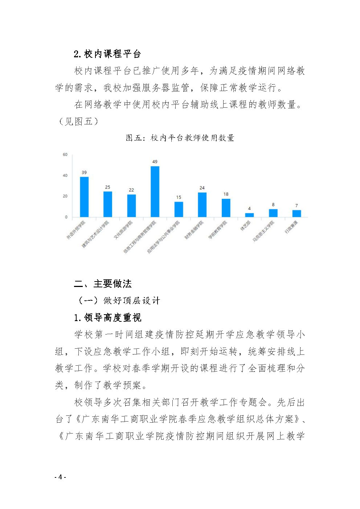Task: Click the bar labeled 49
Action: [x=155, y=192]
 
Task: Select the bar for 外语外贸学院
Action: [x=84, y=197]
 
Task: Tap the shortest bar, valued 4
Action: [x=249, y=215]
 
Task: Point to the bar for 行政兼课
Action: [x=296, y=213]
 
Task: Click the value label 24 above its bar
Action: [x=202, y=188]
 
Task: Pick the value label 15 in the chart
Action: [x=179, y=197]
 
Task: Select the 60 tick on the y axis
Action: [x=65, y=155]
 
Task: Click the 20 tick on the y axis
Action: [x=65, y=196]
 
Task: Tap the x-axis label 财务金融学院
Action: [x=194, y=230]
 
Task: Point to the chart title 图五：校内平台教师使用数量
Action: [x=180, y=138]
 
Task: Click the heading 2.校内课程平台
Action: [x=107, y=54]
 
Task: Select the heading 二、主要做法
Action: [x=103, y=284]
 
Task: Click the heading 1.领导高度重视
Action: [x=107, y=317]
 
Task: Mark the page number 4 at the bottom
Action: [x=60, y=477]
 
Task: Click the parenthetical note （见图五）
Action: [x=78, y=121]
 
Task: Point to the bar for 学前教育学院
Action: [x=226, y=208]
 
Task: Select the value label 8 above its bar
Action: [x=273, y=205]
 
